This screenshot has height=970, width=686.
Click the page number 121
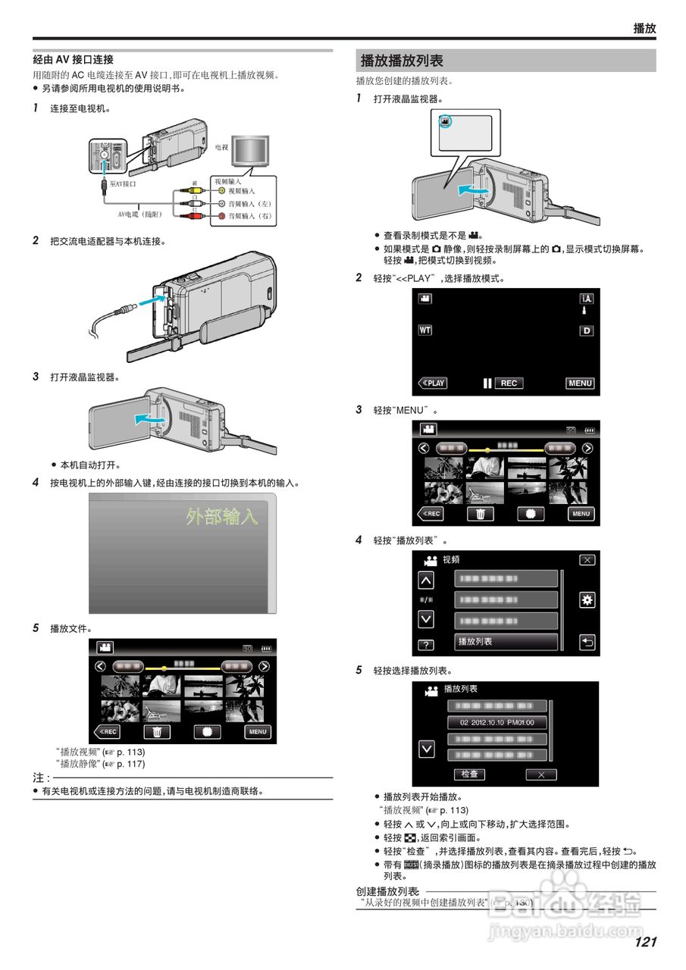pos(645,942)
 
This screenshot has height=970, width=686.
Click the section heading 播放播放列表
pos(403,61)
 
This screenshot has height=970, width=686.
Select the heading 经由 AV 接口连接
pos(73,59)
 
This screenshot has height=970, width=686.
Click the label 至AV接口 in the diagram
pos(123,184)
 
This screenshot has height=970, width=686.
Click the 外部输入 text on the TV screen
pos(222,517)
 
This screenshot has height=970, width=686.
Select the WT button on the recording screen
pos(425,330)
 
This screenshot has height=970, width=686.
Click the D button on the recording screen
pos(586,331)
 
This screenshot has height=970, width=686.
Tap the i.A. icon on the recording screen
pos(586,299)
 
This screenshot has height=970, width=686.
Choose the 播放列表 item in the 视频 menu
pos(506,642)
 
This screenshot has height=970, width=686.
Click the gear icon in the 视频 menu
pos(586,600)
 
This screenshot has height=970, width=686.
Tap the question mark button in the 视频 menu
pos(426,645)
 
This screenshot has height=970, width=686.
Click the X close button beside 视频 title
pos(587,560)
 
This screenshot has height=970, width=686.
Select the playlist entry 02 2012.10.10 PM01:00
pos(497,723)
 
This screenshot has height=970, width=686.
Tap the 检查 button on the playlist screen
pos(469,774)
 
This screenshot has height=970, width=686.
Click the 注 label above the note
pos(41,778)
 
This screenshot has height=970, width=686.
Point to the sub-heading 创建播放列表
pos(387,892)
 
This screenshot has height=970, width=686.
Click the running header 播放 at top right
pos(644,28)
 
